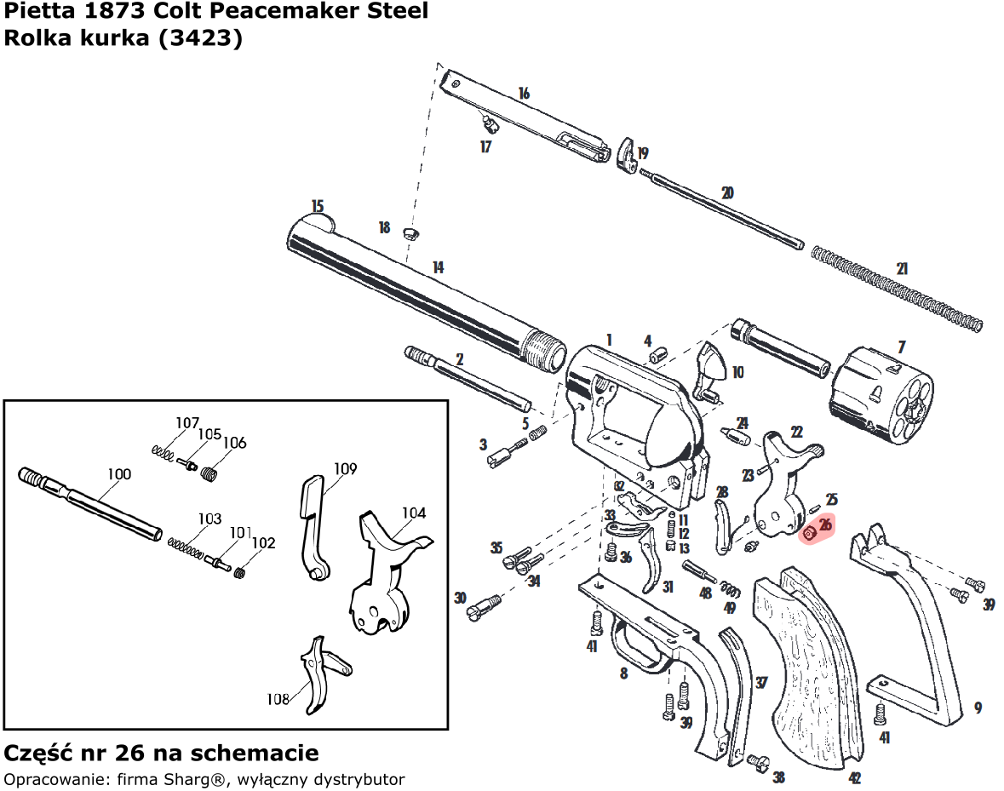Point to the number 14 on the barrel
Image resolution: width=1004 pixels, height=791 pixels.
[x=438, y=267]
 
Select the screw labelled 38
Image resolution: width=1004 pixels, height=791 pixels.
[x=759, y=762]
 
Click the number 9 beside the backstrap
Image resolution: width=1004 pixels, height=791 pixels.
[x=978, y=707]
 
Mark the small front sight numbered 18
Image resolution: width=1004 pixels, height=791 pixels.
[x=408, y=232]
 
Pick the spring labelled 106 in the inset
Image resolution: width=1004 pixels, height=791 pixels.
[x=210, y=471]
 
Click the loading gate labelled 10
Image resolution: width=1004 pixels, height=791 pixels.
[x=711, y=371]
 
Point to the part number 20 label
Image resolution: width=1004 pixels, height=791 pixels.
[x=727, y=193]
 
